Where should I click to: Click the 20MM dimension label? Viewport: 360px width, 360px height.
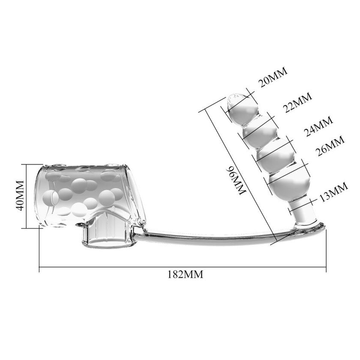pos(273,77)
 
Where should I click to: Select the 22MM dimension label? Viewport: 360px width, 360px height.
pos(297,102)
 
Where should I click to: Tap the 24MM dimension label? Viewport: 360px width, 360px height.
pos(318,126)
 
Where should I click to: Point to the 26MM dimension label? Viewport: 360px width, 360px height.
pos(330,146)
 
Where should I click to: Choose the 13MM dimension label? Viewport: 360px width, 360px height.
pos(333,192)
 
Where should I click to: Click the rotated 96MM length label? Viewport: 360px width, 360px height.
pos(236,181)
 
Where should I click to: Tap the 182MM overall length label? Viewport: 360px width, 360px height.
pos(186,274)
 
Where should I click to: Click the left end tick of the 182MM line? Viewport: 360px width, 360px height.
pos(39,267)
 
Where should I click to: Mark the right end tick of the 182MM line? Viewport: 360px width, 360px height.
pos(326,267)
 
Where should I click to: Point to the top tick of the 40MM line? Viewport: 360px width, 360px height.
pos(27,165)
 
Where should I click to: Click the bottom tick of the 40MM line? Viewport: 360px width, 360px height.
pos(27,228)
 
